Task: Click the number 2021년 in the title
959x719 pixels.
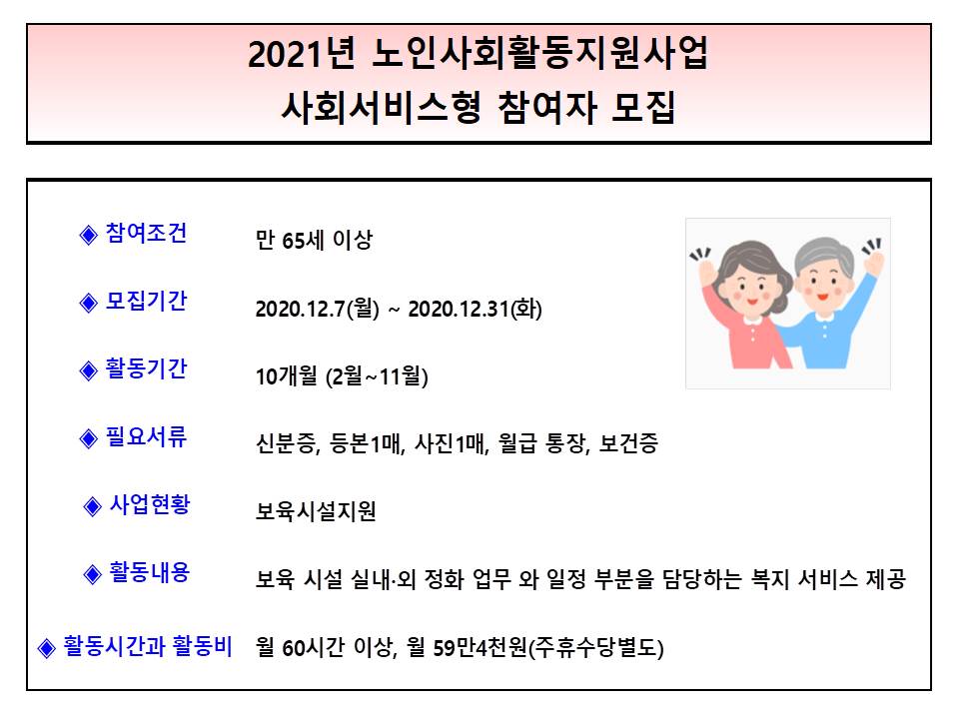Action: (x=302, y=54)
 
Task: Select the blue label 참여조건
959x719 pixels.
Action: (x=146, y=234)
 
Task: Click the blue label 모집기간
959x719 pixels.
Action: (x=146, y=302)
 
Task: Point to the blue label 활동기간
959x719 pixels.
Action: (x=146, y=369)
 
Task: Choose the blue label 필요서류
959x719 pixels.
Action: (x=146, y=437)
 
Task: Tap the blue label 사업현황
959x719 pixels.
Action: (x=150, y=505)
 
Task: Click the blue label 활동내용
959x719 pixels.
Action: (x=150, y=573)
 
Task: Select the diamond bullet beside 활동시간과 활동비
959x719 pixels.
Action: (x=47, y=648)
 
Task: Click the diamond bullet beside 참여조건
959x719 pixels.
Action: (x=89, y=236)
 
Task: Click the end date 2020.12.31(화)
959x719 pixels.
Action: (x=476, y=309)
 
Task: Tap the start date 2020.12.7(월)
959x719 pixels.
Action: (x=318, y=309)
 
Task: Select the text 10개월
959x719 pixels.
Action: (x=287, y=376)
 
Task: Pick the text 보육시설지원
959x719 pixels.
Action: (x=316, y=511)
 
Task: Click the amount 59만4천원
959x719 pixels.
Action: (x=480, y=648)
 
